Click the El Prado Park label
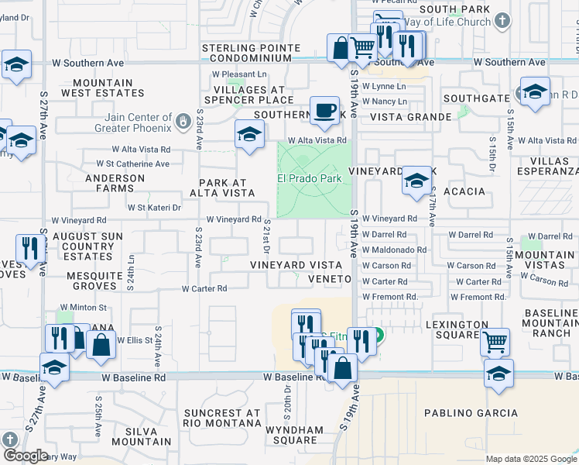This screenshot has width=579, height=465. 310,179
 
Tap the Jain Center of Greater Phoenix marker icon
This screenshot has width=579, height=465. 182,121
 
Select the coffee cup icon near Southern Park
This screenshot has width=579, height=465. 324,109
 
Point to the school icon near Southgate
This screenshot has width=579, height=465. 535,91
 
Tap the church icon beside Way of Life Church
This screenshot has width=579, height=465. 503,21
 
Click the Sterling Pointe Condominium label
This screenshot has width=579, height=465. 251,54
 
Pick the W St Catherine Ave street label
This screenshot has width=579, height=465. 132,164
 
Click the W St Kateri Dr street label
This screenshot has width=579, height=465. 154,208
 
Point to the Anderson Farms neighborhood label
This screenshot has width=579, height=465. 115,184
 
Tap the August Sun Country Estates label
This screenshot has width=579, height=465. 90,246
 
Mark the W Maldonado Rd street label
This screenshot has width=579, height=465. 394,250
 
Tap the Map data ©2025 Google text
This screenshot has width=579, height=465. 530,459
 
